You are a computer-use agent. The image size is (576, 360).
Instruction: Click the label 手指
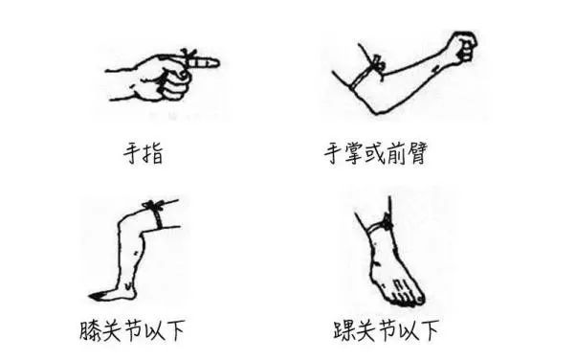(144, 153)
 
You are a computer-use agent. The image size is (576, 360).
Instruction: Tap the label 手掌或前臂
(376, 153)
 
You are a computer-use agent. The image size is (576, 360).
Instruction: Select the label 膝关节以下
(132, 330)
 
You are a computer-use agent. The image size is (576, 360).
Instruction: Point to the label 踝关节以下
(387, 330)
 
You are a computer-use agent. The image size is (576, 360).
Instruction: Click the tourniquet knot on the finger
(188, 56)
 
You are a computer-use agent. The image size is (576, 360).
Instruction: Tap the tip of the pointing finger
(218, 62)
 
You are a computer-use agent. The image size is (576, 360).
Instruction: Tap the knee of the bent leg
(126, 220)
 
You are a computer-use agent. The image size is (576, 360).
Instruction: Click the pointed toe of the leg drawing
(92, 295)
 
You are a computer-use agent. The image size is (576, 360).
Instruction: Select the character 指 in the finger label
(153, 154)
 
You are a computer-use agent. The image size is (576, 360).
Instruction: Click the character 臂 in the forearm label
(417, 153)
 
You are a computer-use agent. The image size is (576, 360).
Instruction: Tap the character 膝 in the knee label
(90, 330)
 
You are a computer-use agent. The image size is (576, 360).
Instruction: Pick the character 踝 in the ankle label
(344, 330)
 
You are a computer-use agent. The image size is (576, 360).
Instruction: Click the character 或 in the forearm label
(376, 153)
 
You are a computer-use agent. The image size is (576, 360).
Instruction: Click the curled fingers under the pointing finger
(175, 84)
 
